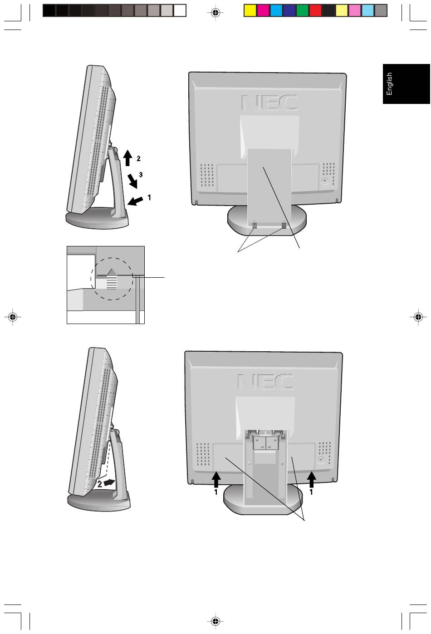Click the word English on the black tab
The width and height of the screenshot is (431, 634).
[389, 84]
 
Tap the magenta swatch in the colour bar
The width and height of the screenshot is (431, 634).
[263, 10]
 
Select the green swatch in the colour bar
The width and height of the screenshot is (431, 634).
[302, 10]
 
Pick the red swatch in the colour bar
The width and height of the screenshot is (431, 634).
[315, 10]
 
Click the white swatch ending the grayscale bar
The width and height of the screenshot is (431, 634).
[179, 10]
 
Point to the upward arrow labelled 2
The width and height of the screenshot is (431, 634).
[127, 158]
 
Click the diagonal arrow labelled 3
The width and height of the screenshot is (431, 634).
[132, 181]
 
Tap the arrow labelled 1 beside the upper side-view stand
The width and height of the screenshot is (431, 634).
[135, 201]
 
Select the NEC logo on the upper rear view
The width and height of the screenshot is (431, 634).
[269, 103]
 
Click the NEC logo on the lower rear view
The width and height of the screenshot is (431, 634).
[265, 382]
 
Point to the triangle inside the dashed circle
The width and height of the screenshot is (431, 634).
[112, 272]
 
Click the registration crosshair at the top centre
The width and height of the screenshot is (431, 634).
[215, 12]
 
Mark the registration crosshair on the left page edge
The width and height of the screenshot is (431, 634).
[12, 316]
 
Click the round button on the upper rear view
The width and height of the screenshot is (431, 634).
[324, 181]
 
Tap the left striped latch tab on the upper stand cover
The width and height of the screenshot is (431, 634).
[255, 225]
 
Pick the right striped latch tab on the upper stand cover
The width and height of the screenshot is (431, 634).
[284, 225]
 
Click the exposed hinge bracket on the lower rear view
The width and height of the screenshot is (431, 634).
[265, 439]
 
